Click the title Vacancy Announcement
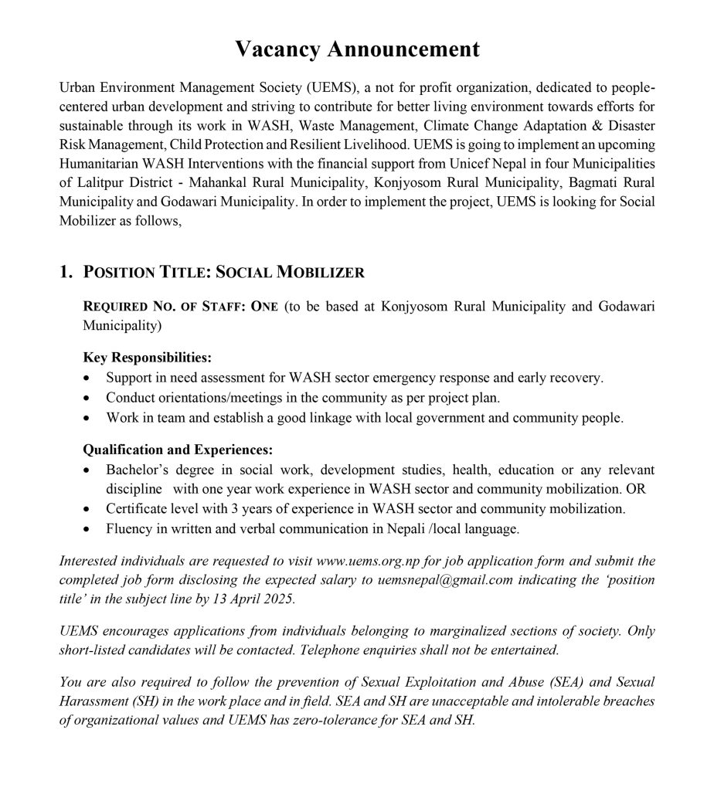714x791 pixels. (357, 49)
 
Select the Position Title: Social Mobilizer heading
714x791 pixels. (223, 273)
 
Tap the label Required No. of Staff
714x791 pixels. (174, 307)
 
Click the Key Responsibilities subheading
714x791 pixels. (147, 358)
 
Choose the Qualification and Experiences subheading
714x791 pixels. (178, 450)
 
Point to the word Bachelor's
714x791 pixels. (135, 470)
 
